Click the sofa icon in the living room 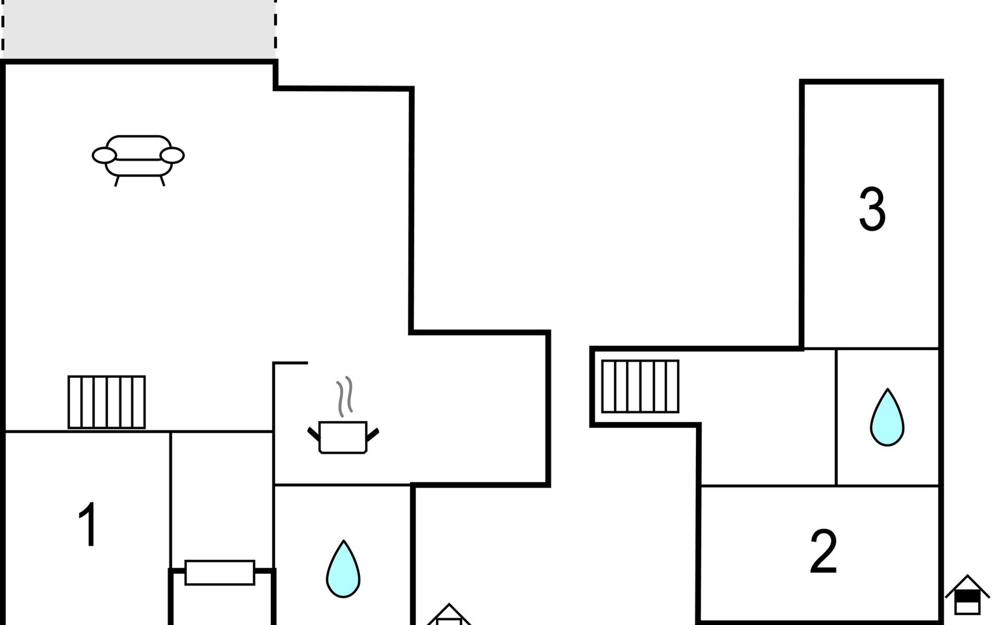click(138, 156)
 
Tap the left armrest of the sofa click(104, 155)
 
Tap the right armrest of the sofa click(172, 155)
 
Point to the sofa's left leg click(117, 181)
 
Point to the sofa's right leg click(162, 181)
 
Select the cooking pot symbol click(343, 436)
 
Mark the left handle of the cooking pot click(314, 434)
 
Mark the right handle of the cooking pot click(372, 434)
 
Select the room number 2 click(823, 552)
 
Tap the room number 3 click(872, 209)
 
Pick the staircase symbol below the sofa click(107, 402)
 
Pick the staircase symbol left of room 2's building click(640, 386)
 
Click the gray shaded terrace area click(139, 29)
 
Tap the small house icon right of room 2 click(967, 596)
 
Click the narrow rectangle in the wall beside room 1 click(220, 572)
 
